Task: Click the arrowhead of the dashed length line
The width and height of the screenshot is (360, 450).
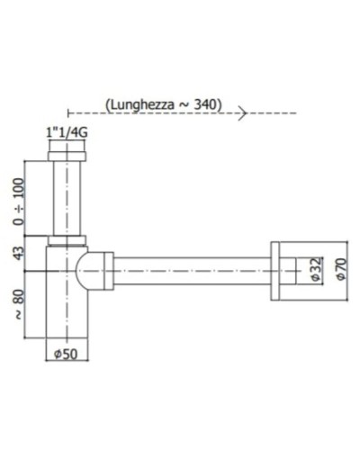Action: point(242,112)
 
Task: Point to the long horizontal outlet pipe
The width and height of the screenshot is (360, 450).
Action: point(189,267)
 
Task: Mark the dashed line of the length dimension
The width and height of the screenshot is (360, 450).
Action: point(153,112)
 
